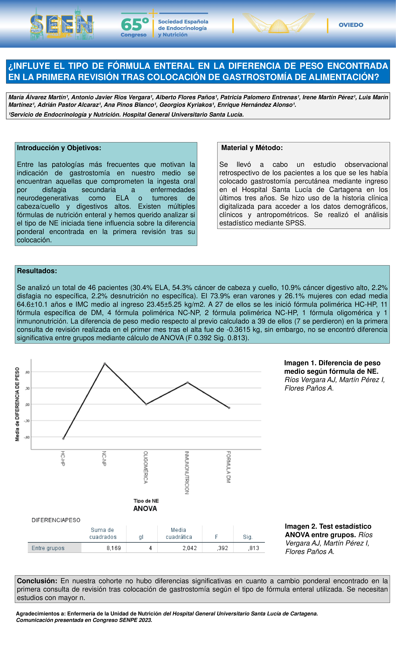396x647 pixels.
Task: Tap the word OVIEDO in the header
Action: click(351, 25)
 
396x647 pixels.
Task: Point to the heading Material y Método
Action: click(252, 148)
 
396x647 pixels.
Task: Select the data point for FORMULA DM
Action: click(229, 408)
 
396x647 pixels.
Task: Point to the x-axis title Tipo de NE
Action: click(146, 501)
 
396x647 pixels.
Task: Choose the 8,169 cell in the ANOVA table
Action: click(114, 548)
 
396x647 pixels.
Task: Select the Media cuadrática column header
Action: click(179, 533)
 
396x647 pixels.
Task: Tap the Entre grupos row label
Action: click(48, 548)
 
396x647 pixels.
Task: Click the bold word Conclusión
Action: click(37, 581)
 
